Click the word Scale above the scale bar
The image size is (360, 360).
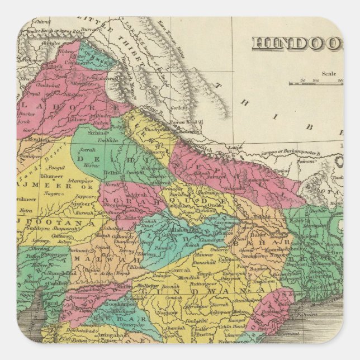[x=329, y=72]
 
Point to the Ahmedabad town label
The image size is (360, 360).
[x=39, y=273]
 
